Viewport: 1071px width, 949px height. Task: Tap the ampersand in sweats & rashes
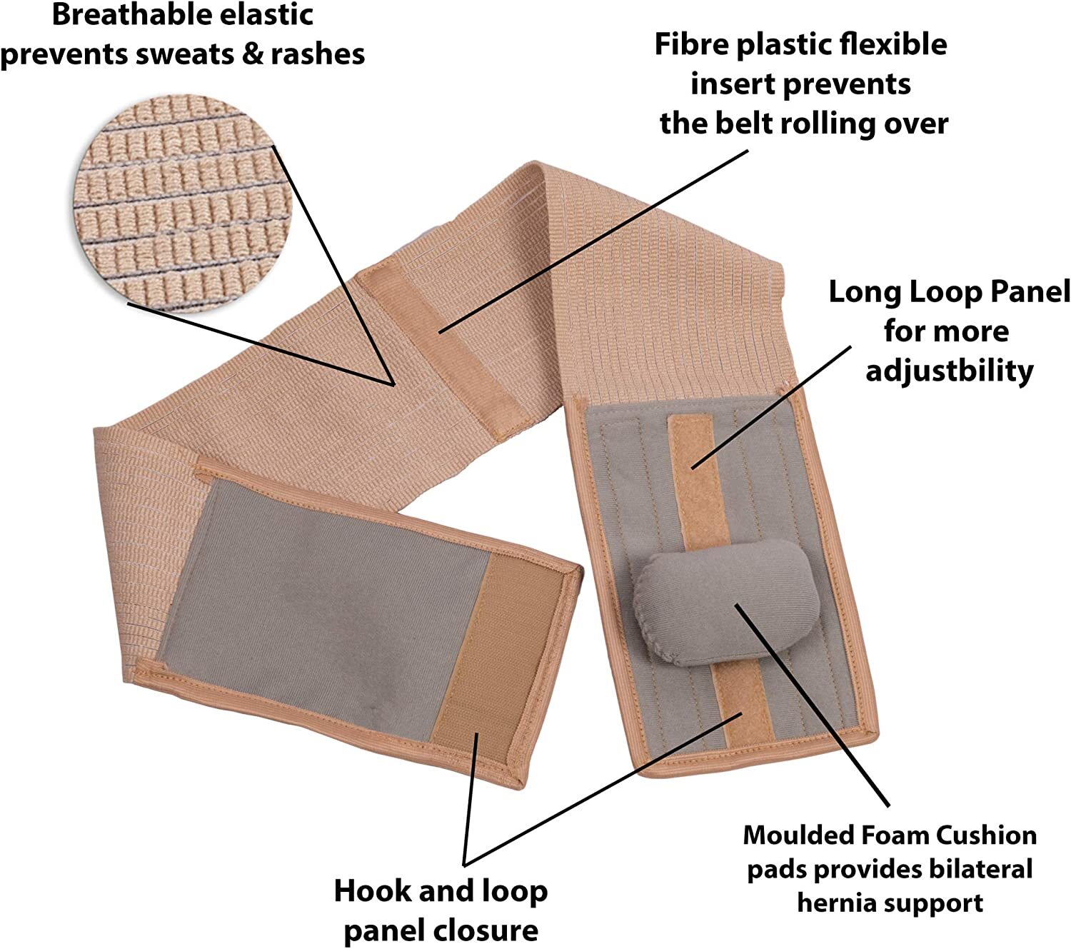coord(252,54)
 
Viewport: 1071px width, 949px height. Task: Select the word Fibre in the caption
coord(690,44)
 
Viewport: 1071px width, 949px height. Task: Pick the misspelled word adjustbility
coord(950,371)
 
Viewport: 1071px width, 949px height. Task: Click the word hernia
coord(836,903)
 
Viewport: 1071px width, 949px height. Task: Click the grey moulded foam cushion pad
coord(727,603)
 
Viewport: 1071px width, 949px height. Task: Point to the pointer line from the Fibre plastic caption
coord(593,241)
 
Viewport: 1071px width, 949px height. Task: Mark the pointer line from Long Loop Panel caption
coord(771,408)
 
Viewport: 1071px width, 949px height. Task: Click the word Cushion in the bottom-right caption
coord(986,835)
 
